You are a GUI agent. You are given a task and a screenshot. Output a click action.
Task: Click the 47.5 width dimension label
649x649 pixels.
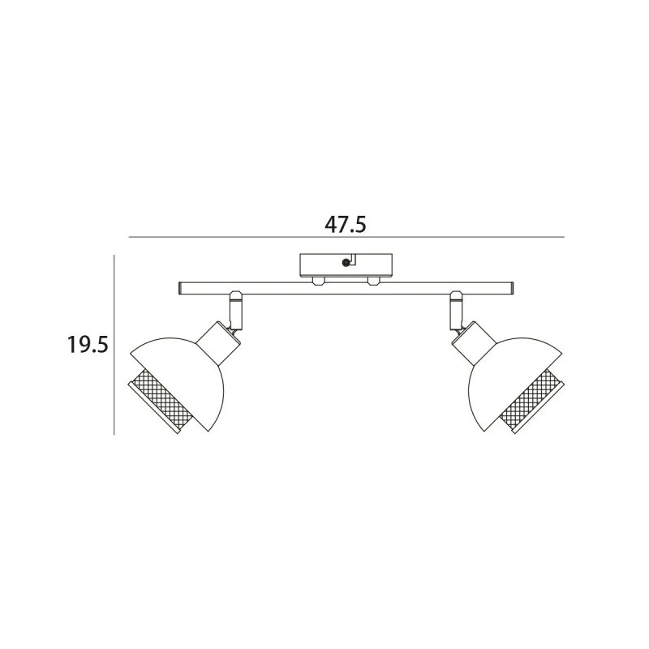(346, 225)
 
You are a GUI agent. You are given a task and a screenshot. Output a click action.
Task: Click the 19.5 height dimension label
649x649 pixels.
(88, 345)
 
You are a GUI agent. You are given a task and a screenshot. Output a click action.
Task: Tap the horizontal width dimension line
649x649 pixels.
(346, 237)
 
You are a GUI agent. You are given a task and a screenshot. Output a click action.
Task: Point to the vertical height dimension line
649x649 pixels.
(114, 345)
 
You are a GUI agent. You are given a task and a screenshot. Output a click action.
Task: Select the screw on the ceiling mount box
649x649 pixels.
(346, 262)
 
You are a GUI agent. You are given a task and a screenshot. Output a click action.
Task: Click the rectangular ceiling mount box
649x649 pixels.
(346, 265)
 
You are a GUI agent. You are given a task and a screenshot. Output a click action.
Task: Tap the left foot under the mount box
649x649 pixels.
(318, 281)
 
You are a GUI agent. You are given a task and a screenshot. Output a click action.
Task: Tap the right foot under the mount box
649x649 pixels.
(373, 281)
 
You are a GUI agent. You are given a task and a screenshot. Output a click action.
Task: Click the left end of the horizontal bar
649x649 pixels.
(180, 289)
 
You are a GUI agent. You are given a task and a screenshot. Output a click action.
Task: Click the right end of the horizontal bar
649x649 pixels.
(513, 289)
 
